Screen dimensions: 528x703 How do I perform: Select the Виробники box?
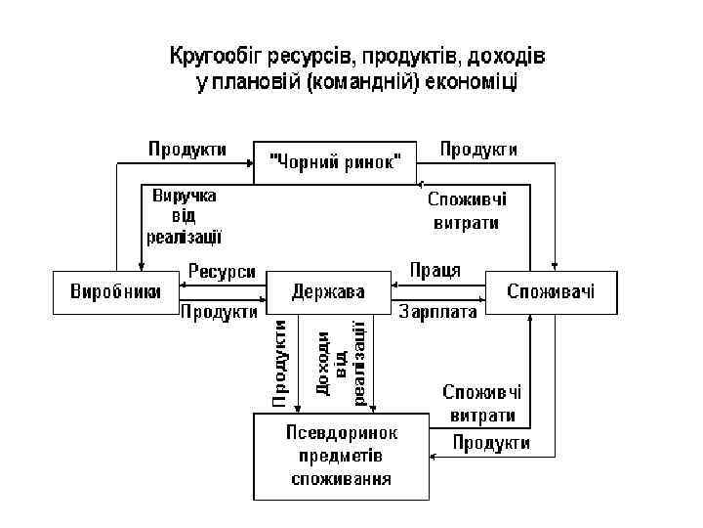pyautogui.click(x=108, y=292)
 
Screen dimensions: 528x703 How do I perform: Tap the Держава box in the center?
pyautogui.click(x=328, y=292)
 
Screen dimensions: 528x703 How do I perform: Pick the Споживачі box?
pyautogui.click(x=551, y=292)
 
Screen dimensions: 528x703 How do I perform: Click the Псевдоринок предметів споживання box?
pyautogui.click(x=341, y=456)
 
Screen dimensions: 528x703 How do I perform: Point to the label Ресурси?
pyautogui.click(x=222, y=272)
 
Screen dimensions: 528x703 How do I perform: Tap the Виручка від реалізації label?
pyautogui.click(x=185, y=215)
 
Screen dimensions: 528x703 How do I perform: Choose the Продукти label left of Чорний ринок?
pyautogui.click(x=187, y=150)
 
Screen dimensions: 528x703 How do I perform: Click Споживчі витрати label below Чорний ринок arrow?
pyautogui.click(x=467, y=210)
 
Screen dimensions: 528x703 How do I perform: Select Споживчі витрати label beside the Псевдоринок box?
pyautogui.click(x=481, y=403)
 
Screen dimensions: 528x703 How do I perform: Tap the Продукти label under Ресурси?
pyautogui.click(x=220, y=313)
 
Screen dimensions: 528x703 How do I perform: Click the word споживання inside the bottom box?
pyautogui.click(x=341, y=479)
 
